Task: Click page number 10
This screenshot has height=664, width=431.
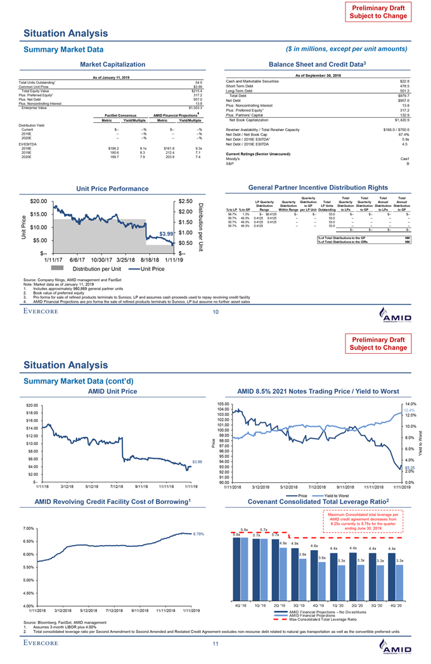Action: [215, 310]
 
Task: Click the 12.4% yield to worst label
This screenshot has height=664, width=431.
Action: [408, 410]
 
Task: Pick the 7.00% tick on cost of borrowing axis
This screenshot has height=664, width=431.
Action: [30, 528]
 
